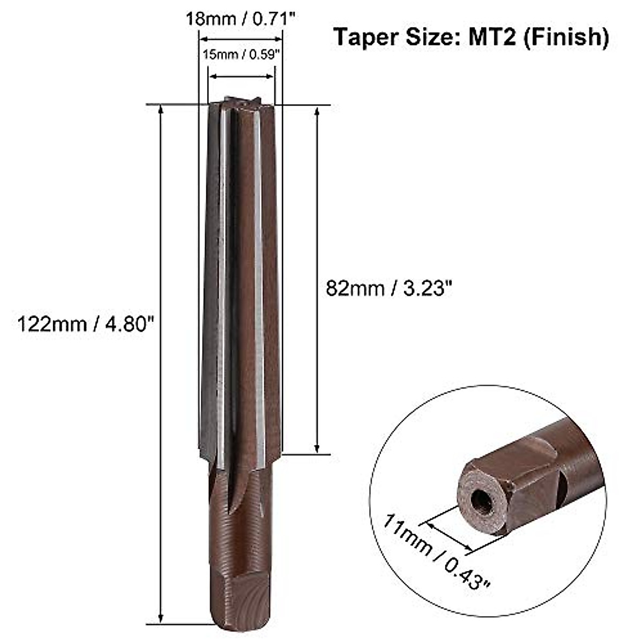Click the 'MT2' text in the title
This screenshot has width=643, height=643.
pyautogui.click(x=490, y=38)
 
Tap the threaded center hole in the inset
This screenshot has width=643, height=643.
pyautogui.click(x=478, y=501)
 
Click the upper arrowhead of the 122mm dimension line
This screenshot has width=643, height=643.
pyautogui.click(x=160, y=109)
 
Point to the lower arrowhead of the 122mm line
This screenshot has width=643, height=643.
pyautogui.click(x=160, y=618)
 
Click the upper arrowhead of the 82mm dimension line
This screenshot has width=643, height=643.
pyautogui.click(x=317, y=111)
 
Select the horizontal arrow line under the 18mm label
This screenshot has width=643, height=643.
pyautogui.click(x=241, y=38)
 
